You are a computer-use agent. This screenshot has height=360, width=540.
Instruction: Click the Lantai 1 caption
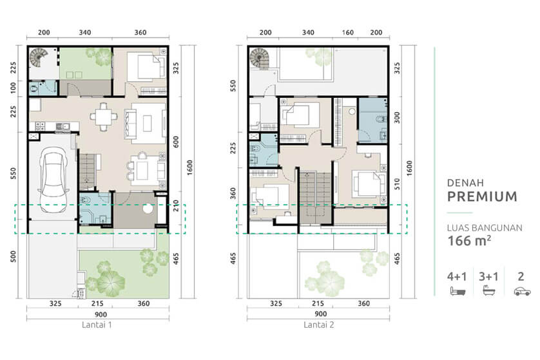click(97, 325)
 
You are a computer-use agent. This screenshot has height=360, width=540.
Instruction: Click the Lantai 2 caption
click(318, 325)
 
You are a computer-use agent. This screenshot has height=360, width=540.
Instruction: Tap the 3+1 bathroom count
click(489, 276)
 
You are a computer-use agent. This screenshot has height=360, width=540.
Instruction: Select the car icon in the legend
click(521, 291)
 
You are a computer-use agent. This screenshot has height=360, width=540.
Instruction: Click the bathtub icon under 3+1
click(489, 291)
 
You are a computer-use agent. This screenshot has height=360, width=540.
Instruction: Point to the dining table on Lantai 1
click(103, 117)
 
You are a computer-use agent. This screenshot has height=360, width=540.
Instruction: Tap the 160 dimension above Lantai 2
click(347, 33)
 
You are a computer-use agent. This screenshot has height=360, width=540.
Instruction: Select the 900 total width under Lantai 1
click(97, 314)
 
